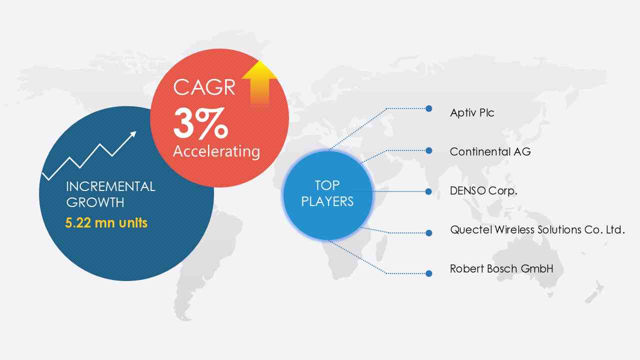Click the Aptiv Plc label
click(x=472, y=113)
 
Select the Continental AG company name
click(x=490, y=151)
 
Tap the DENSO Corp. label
click(x=483, y=190)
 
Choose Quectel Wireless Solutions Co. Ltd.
click(x=537, y=229)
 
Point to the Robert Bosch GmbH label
click(x=501, y=268)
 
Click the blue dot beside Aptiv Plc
click(x=428, y=108)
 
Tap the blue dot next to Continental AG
click(x=428, y=150)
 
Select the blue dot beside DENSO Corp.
click(x=428, y=191)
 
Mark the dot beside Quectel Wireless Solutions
click(x=428, y=233)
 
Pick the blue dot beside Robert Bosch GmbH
click(x=428, y=273)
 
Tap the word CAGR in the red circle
click(x=204, y=87)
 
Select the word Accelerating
click(x=216, y=151)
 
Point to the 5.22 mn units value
click(x=106, y=223)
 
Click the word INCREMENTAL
click(x=110, y=186)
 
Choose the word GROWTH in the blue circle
click(x=95, y=202)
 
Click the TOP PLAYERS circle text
click(x=327, y=193)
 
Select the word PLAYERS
click(x=327, y=201)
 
